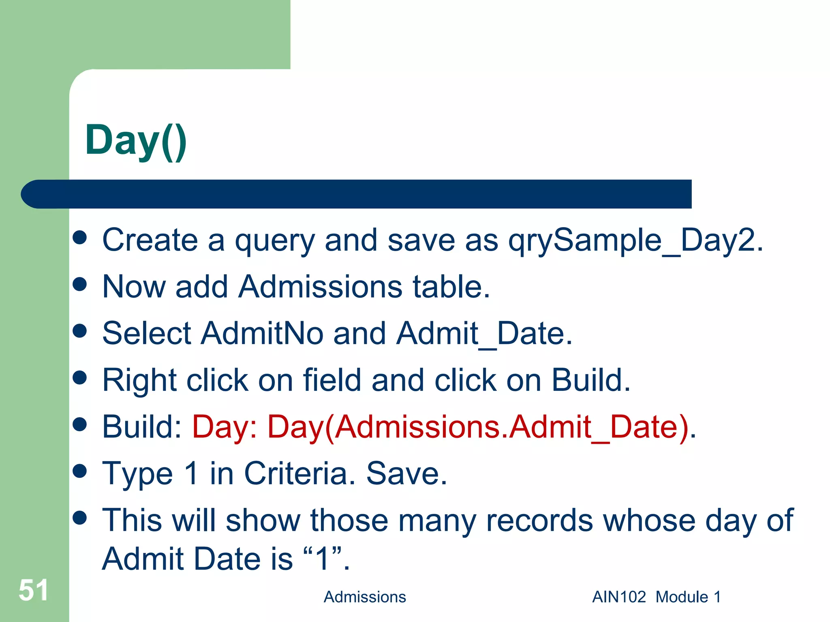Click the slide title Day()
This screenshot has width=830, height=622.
click(136, 141)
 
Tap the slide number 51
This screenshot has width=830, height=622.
click(33, 590)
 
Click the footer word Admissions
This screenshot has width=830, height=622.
click(364, 597)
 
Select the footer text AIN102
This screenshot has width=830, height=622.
click(618, 597)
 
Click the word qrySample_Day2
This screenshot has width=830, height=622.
click(635, 241)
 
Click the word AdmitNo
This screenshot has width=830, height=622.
click(262, 333)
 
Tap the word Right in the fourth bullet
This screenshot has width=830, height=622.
click(139, 381)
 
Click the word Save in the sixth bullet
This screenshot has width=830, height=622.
click(406, 473)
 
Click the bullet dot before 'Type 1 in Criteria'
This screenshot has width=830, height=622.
click(80, 471)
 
